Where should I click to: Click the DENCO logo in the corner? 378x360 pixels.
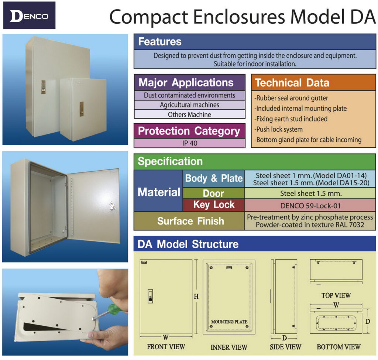click(x=29, y=16)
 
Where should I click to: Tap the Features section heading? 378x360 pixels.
click(x=160, y=42)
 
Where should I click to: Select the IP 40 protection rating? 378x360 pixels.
click(x=190, y=143)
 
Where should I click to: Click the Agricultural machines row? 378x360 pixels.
click(x=189, y=105)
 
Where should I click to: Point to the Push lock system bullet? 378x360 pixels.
click(x=278, y=130)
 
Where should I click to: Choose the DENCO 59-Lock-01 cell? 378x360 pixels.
click(x=310, y=206)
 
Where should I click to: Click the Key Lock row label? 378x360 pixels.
click(x=214, y=205)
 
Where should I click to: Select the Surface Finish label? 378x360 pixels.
click(x=191, y=221)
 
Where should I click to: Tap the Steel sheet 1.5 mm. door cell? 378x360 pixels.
click(x=311, y=193)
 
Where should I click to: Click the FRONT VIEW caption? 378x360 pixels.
click(x=166, y=347)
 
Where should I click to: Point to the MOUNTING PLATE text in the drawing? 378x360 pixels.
click(x=229, y=322)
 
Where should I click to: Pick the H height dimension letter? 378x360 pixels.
click(x=196, y=296)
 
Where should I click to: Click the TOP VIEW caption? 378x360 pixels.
click(x=336, y=295)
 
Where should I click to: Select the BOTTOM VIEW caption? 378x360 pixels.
click(x=339, y=347)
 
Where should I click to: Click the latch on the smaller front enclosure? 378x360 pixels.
click(x=82, y=109)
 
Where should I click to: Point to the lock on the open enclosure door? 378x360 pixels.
click(x=112, y=206)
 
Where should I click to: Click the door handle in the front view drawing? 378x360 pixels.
click(x=150, y=296)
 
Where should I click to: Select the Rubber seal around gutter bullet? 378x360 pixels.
click(x=291, y=98)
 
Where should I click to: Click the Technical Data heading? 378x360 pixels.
click(x=292, y=83)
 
